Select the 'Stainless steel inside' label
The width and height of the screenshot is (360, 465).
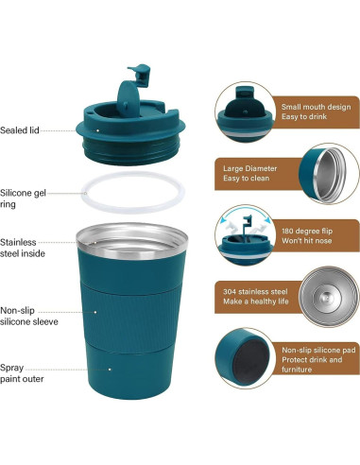coord(25,248)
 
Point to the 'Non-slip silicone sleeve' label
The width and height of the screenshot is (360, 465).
coord(29,315)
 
